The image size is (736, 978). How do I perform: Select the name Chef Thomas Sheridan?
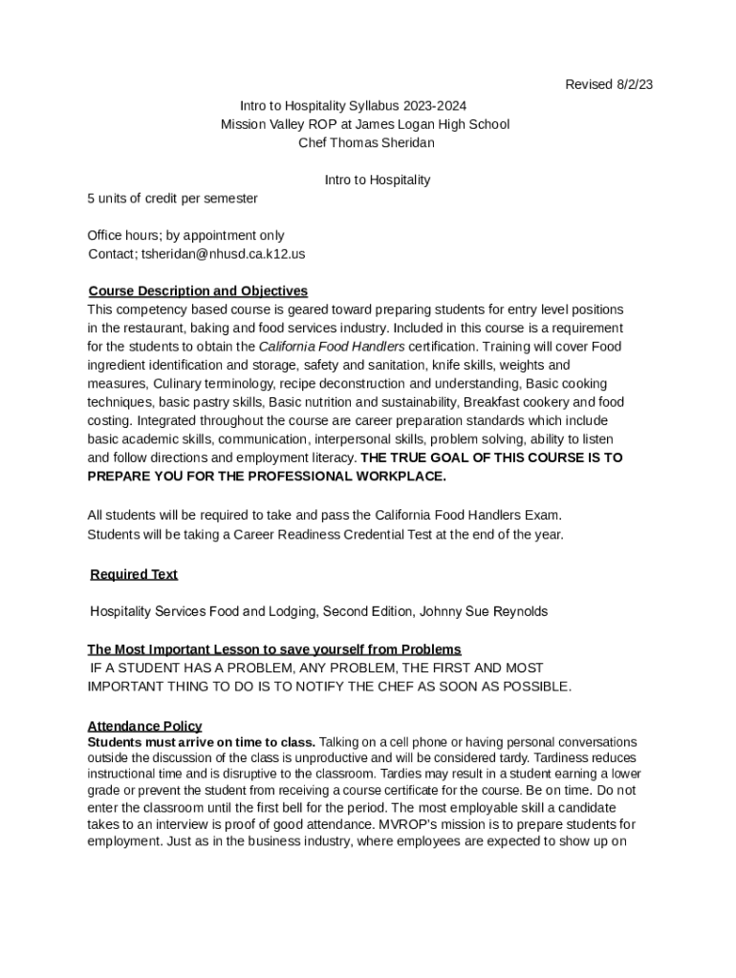[366, 143]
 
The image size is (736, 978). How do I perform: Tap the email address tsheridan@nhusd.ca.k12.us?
[223, 254]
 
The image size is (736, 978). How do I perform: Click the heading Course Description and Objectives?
[198, 291]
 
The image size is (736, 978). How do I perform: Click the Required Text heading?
[134, 575]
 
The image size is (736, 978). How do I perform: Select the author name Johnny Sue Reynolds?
[490, 611]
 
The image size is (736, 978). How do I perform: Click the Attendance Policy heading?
[144, 726]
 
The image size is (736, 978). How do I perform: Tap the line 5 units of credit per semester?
[172, 199]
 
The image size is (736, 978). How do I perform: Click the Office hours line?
[185, 236]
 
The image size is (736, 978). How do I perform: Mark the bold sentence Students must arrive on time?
[201, 742]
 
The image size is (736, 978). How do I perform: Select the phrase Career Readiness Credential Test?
[332, 535]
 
